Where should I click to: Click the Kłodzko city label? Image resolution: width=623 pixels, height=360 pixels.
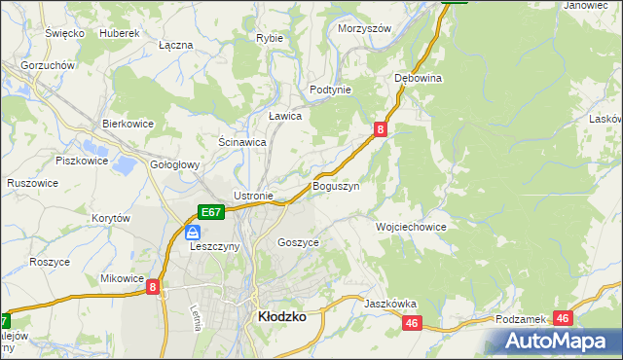click(281, 317)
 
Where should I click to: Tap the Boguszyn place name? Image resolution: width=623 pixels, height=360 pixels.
click(336, 185)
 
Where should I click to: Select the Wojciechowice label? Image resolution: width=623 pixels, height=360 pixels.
click(411, 226)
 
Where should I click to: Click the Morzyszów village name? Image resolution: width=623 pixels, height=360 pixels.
click(364, 28)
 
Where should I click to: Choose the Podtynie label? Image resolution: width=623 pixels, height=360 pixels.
click(330, 89)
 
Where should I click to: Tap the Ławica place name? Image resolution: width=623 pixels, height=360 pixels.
click(285, 115)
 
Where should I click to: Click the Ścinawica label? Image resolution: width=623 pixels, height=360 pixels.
click(242, 141)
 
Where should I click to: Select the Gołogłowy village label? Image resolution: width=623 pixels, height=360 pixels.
click(174, 164)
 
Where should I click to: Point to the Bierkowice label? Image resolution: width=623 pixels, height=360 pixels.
click(129, 124)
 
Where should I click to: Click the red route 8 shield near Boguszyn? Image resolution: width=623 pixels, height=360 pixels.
click(381, 128)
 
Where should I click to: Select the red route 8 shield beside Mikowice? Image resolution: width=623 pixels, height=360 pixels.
click(154, 288)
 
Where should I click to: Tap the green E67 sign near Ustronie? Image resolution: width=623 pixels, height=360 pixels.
click(212, 211)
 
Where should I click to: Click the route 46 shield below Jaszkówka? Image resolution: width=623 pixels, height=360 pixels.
click(412, 323)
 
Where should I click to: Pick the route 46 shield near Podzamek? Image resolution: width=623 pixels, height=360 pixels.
click(563, 318)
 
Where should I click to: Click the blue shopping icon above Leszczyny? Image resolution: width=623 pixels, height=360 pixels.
click(193, 233)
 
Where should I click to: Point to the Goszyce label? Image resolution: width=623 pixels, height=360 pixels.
click(298, 241)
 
